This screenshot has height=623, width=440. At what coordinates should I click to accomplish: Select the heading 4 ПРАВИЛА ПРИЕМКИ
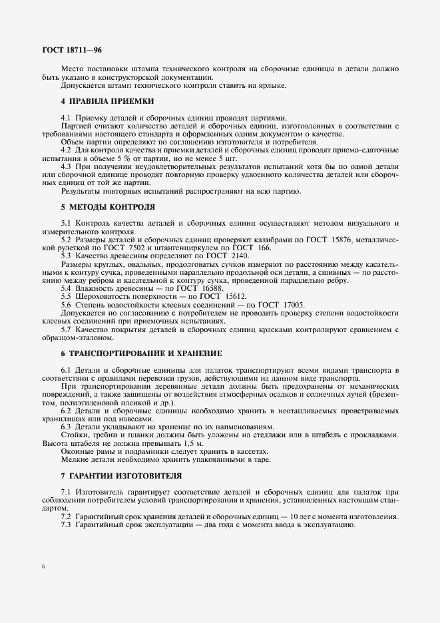pyautogui.click(x=107, y=101)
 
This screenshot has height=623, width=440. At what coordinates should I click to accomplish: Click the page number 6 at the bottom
pyautogui.click(x=43, y=567)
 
